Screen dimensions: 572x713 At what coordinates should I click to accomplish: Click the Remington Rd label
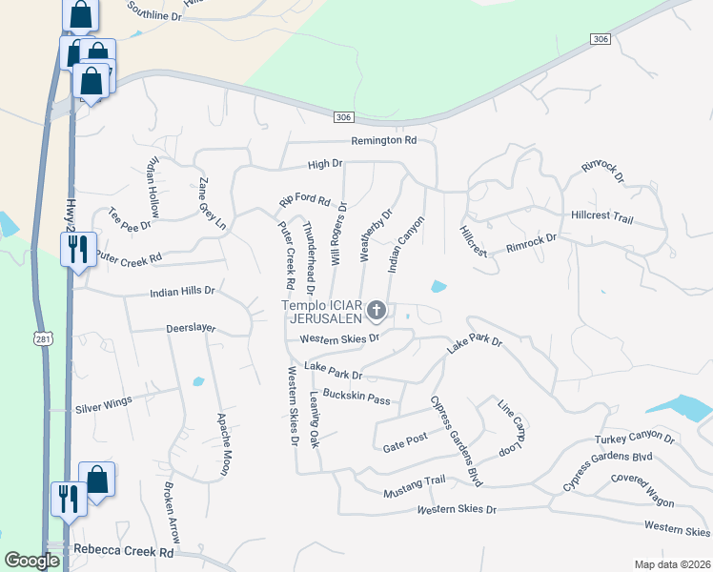[384, 140]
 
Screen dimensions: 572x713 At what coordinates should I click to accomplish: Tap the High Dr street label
[324, 164]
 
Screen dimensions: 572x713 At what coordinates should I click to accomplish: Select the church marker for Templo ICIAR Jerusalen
[377, 310]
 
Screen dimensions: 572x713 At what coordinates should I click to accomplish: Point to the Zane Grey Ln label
[212, 205]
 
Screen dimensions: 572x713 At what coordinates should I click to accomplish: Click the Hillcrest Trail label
[601, 218]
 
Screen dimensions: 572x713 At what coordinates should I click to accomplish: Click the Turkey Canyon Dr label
[634, 439]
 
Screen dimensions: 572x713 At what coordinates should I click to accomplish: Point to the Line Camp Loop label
[513, 426]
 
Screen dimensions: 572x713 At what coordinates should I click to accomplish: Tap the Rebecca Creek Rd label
[124, 552]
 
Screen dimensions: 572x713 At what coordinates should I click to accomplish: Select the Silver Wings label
[103, 405]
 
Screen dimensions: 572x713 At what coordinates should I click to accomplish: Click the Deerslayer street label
[191, 328]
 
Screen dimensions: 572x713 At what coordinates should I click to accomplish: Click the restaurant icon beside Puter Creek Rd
[75, 250]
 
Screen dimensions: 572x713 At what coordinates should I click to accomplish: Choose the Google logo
[31, 562]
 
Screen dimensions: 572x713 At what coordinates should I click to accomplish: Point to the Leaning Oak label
[314, 421]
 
